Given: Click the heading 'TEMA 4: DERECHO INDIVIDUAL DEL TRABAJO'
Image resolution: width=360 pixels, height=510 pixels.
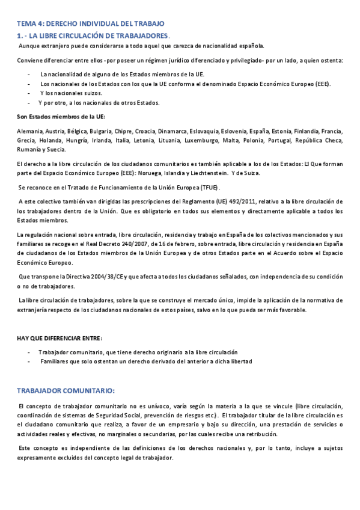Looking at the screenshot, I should click(90, 23).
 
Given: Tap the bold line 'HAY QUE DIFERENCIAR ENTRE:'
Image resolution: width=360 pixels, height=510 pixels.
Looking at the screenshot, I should click(59, 338).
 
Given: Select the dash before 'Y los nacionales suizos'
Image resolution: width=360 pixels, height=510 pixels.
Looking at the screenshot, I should click(29, 93).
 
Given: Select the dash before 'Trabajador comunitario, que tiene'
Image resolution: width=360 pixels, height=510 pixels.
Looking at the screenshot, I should click(29, 352).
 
